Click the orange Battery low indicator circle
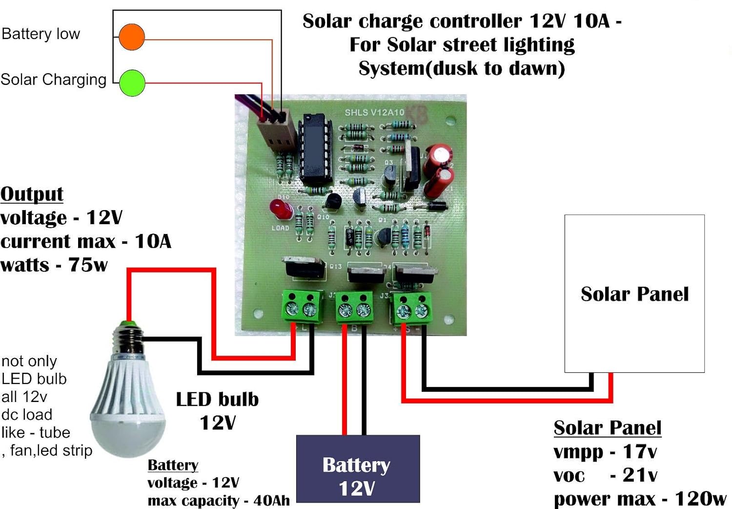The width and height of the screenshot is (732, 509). (x=132, y=37)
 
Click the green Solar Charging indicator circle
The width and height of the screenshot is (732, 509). (x=132, y=83)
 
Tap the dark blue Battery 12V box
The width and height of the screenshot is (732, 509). (x=358, y=469)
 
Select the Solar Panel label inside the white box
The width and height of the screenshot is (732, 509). (x=634, y=294)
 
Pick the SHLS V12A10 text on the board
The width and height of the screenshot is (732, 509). (x=374, y=112)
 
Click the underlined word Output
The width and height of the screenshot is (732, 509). (x=32, y=194)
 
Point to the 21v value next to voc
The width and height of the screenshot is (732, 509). (x=640, y=474)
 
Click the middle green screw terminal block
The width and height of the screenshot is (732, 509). (x=355, y=308)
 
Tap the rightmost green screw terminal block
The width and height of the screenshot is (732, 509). (x=412, y=308)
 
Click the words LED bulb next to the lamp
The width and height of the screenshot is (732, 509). (x=217, y=400)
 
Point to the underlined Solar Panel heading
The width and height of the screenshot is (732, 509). (x=607, y=428)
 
